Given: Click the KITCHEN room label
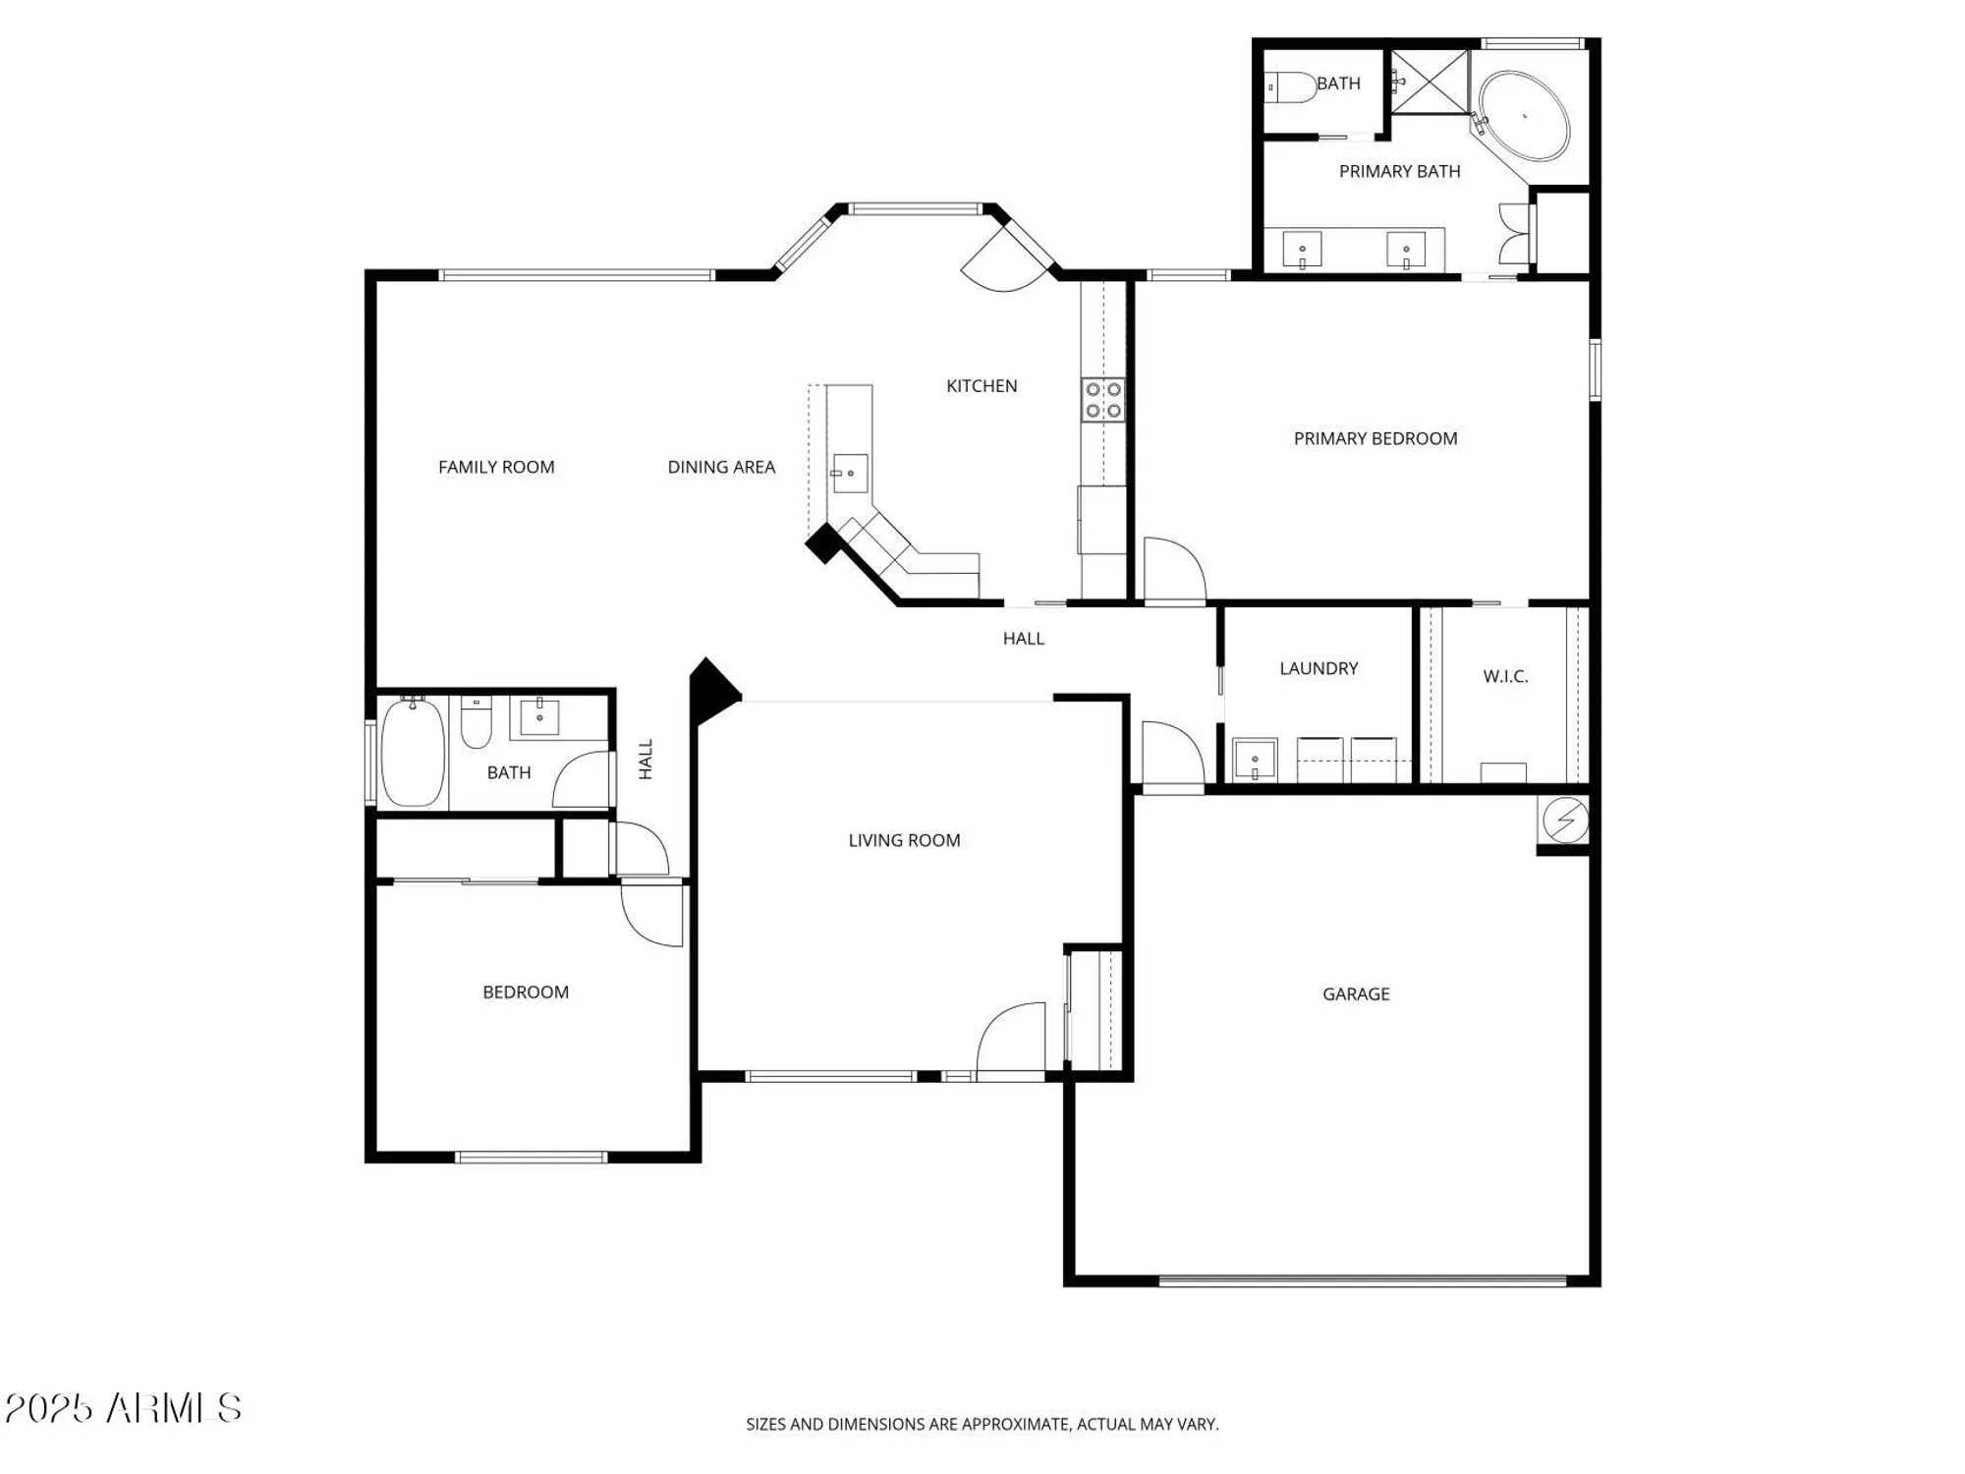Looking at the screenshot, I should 981,386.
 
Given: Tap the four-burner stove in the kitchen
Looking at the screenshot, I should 1102,400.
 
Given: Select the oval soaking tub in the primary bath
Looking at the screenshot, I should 1524,115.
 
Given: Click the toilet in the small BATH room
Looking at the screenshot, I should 1290,87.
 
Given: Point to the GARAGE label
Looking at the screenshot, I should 1355,994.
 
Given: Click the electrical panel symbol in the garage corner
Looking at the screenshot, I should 1565,820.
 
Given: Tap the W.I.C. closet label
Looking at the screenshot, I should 1504,676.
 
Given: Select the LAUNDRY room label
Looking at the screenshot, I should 1318,668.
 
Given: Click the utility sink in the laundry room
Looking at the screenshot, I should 1255,760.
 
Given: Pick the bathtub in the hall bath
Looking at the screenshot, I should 413,753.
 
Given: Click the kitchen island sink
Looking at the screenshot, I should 850,473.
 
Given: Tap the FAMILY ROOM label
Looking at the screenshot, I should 496,467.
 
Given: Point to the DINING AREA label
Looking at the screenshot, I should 721,467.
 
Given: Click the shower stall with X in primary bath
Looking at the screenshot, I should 1430,83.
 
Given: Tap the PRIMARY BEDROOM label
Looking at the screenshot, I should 1375,438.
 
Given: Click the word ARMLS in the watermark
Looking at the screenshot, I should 174,1408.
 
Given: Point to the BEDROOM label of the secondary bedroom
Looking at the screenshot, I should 525,992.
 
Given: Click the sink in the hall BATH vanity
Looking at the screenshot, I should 538,716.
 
